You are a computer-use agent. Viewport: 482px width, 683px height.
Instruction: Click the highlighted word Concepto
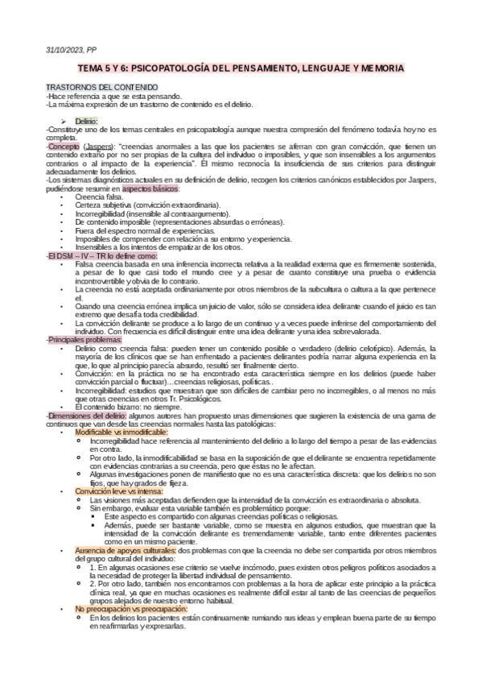64,147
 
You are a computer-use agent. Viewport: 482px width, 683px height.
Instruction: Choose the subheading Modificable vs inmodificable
122,433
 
